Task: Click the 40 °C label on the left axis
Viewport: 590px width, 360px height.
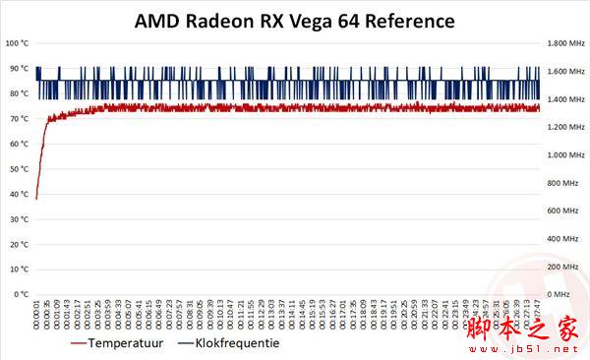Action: tap(19, 194)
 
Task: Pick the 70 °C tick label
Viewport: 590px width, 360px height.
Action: tap(19, 118)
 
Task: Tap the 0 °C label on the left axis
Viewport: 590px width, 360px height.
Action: tap(21, 294)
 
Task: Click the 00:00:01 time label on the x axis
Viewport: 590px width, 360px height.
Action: tap(37, 316)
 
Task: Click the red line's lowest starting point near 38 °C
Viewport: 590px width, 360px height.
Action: tap(36, 198)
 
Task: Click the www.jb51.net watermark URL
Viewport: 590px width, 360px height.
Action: tap(536, 349)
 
